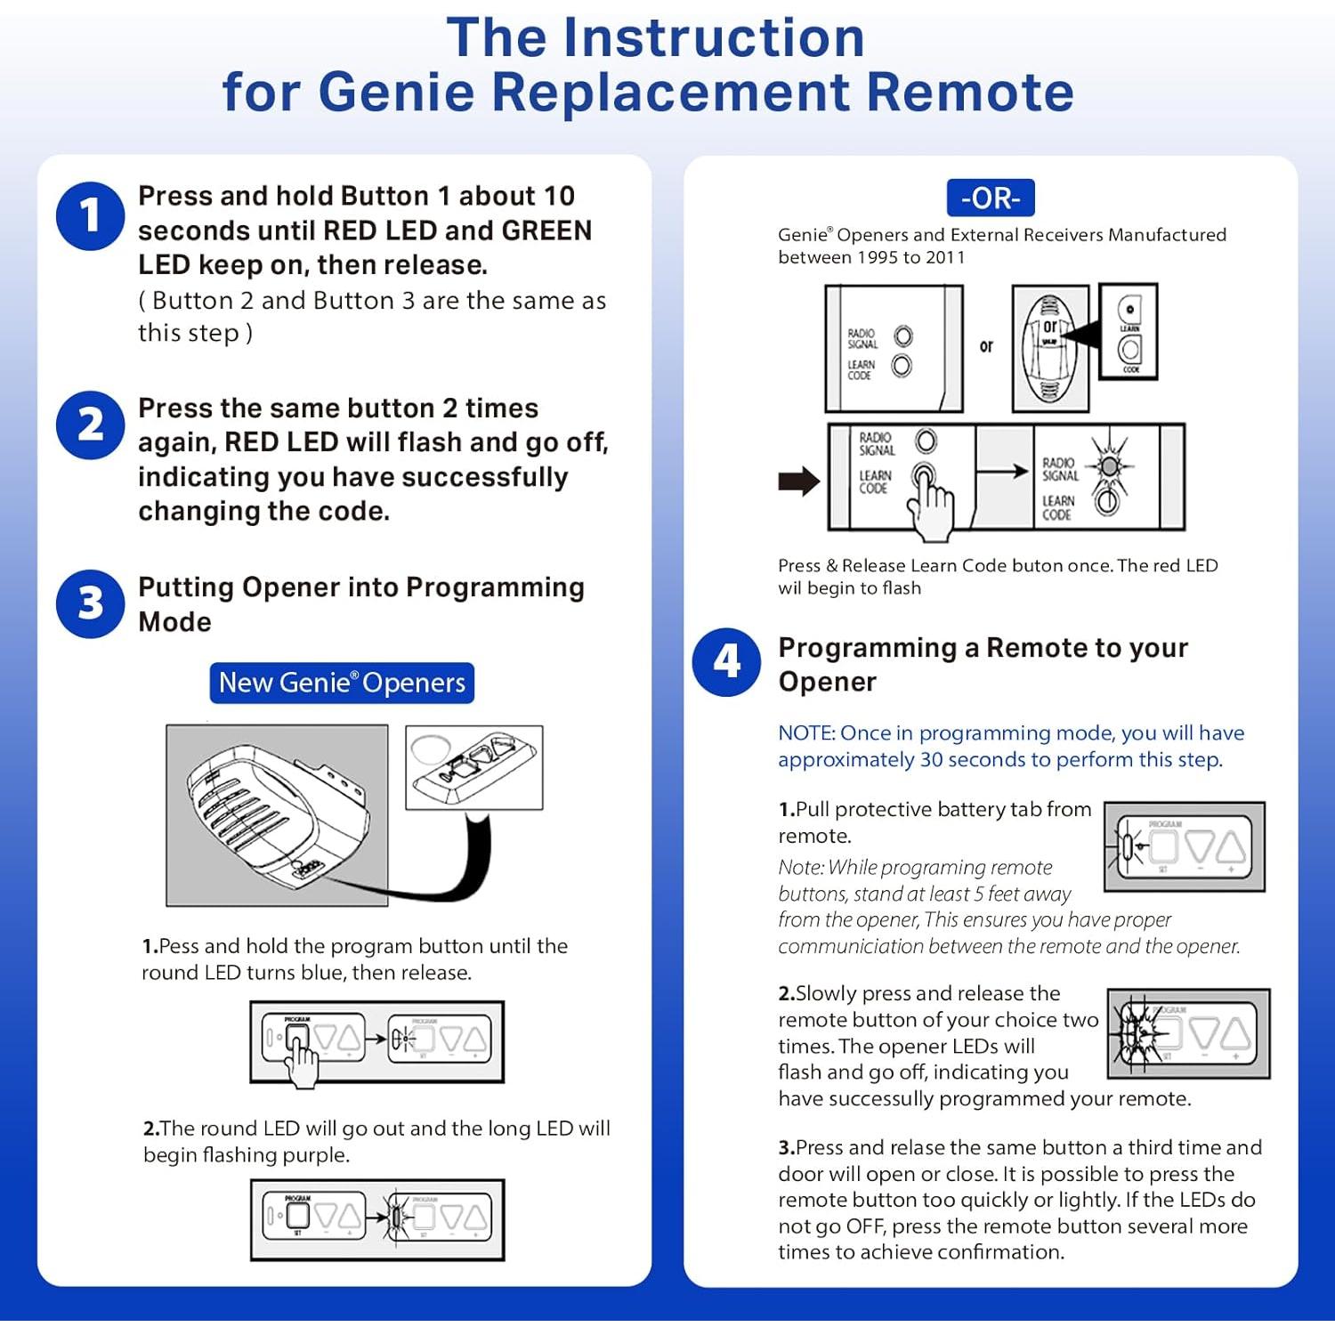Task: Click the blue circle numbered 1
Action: click(90, 215)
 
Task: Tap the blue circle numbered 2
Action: click(90, 425)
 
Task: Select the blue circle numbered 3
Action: click(90, 603)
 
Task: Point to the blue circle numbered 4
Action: click(726, 662)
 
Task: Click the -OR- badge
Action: click(990, 198)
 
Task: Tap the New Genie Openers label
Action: click(342, 683)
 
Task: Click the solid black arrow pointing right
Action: click(798, 481)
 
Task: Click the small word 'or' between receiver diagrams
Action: click(986, 346)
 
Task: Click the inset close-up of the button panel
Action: click(473, 767)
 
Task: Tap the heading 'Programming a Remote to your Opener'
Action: click(983, 664)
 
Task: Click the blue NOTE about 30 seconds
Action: click(1010, 746)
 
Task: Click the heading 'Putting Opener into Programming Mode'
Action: click(360, 603)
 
